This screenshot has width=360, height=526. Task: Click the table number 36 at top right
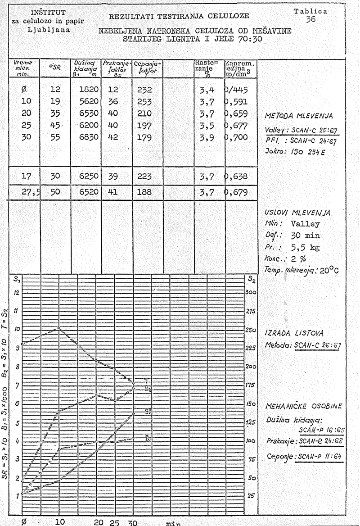pos(310,20)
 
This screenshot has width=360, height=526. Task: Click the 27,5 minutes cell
pos(31,191)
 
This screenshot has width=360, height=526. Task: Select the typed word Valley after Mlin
pos(305,224)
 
